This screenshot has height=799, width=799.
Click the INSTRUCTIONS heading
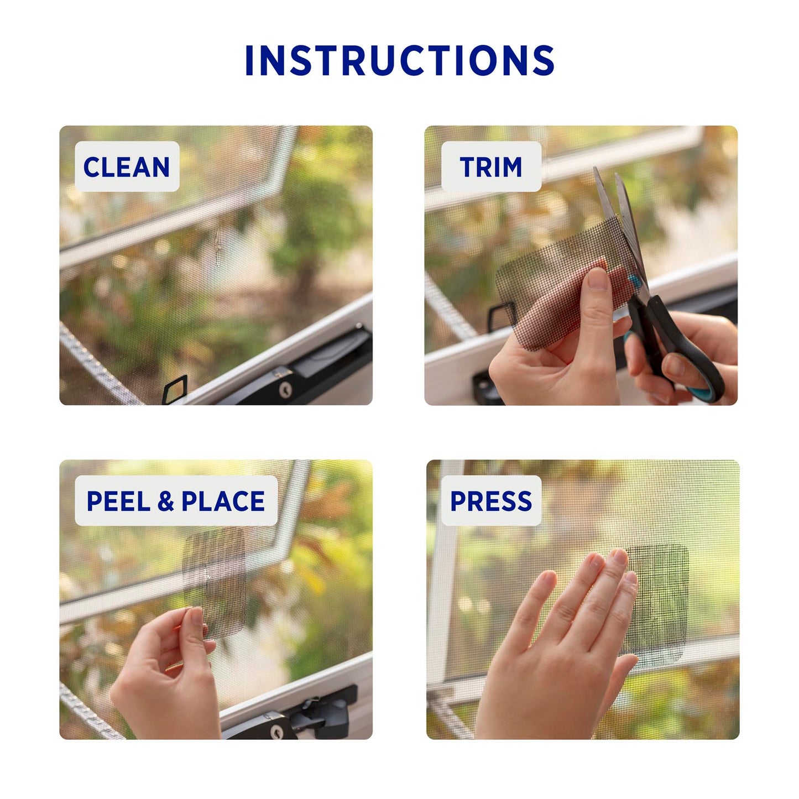(x=400, y=60)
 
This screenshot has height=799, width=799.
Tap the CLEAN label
(x=127, y=166)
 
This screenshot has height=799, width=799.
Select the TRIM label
(x=491, y=166)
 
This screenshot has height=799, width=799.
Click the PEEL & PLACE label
(x=176, y=501)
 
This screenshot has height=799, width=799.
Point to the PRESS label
(x=491, y=501)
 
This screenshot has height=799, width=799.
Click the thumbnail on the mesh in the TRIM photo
(x=598, y=279)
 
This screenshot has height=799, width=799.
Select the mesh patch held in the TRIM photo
(x=564, y=282)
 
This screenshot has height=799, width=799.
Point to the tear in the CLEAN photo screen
(x=217, y=247)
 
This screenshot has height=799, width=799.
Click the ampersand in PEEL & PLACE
(x=166, y=501)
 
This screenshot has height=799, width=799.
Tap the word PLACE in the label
(x=223, y=501)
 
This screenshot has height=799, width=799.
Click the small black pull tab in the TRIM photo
(x=502, y=317)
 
